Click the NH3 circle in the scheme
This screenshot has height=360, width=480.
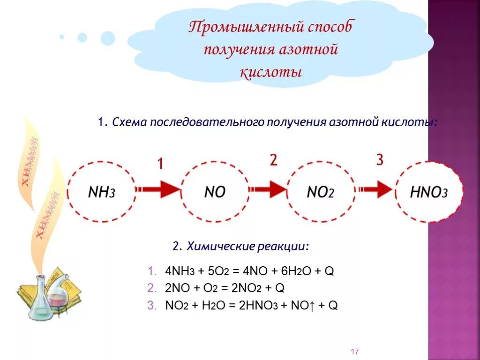(101, 192)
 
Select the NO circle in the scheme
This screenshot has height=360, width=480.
(215, 192)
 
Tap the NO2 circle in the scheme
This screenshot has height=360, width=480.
(321, 192)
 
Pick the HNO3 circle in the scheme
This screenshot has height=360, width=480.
(428, 192)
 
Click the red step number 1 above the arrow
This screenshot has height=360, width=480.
(160, 164)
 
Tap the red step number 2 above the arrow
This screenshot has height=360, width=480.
(273, 160)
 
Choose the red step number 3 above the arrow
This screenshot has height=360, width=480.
(379, 160)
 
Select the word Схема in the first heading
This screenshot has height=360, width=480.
(130, 122)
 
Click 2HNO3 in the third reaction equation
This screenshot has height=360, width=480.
(258, 306)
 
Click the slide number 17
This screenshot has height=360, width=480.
(354, 352)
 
